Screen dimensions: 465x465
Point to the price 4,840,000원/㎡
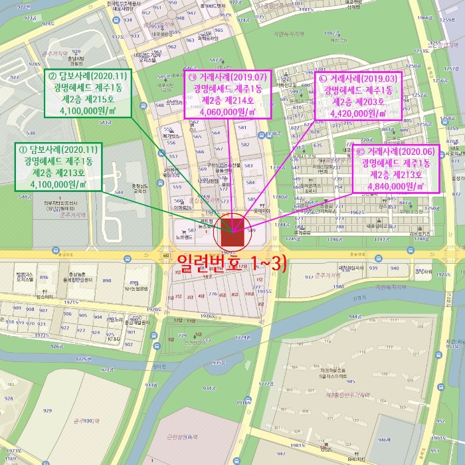point(395,186)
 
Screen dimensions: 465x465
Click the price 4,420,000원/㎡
point(358,114)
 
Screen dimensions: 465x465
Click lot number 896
point(44,278)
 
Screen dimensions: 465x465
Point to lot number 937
point(309,277)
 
